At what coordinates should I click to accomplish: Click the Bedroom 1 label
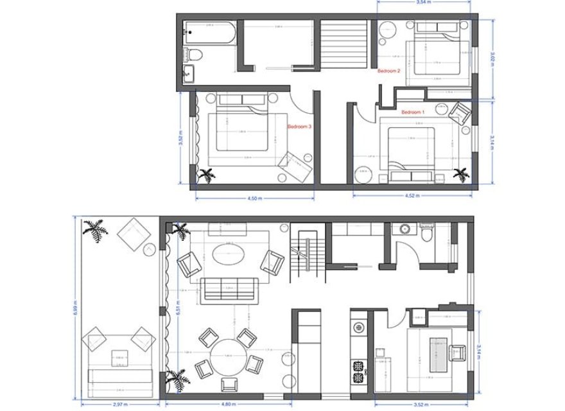click(413, 112)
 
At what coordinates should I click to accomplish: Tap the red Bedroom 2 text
click(389, 71)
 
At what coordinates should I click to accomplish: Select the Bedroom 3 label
click(299, 127)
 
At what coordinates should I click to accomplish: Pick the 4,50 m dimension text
click(254, 198)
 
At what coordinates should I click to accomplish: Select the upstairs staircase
click(345, 44)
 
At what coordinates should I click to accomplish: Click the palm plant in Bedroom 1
click(460, 173)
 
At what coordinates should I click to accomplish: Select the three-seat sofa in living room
click(229, 290)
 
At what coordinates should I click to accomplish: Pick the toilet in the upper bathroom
click(195, 52)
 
